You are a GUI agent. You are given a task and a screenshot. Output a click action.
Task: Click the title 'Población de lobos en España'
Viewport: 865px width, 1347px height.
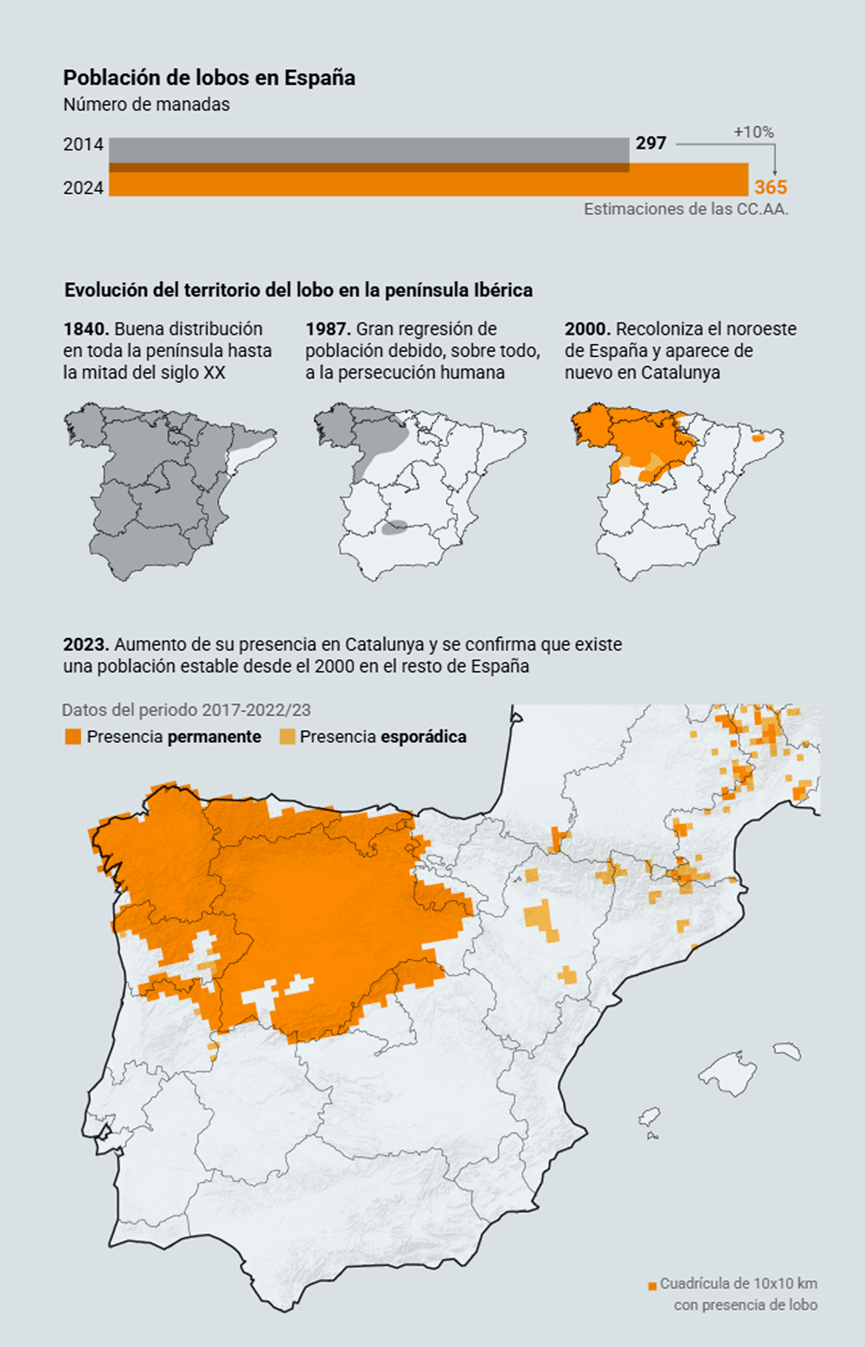(208, 78)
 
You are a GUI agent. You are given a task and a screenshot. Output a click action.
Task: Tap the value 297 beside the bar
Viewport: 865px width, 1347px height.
(650, 144)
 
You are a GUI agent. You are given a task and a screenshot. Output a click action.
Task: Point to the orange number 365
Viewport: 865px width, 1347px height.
(771, 188)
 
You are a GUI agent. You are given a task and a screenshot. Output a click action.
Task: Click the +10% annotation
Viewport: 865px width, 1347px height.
(753, 132)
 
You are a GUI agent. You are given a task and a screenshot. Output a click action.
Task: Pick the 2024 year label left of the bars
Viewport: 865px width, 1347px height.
(83, 188)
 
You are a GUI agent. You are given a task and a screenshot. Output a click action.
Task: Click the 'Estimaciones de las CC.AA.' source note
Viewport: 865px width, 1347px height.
(686, 209)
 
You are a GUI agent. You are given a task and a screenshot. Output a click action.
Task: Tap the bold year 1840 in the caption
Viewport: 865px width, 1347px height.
(86, 329)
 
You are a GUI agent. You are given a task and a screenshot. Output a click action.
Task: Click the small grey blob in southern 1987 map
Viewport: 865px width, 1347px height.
(394, 527)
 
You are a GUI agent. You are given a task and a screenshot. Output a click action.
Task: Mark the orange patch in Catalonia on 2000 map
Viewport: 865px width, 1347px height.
(759, 437)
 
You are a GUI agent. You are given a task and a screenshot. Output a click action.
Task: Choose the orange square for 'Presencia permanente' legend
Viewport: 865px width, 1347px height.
(73, 737)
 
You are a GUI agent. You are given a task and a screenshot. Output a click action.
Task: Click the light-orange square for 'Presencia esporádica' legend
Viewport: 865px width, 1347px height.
(287, 737)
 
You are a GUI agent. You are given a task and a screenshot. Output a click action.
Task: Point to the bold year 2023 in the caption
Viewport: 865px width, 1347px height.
(86, 644)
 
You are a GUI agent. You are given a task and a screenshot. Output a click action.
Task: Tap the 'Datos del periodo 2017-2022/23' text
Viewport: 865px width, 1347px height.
(187, 710)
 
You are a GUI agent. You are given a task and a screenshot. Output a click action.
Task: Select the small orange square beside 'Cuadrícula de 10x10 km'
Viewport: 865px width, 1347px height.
(652, 1286)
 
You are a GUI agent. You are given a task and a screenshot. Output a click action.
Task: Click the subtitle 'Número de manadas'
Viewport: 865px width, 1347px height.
(146, 105)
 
